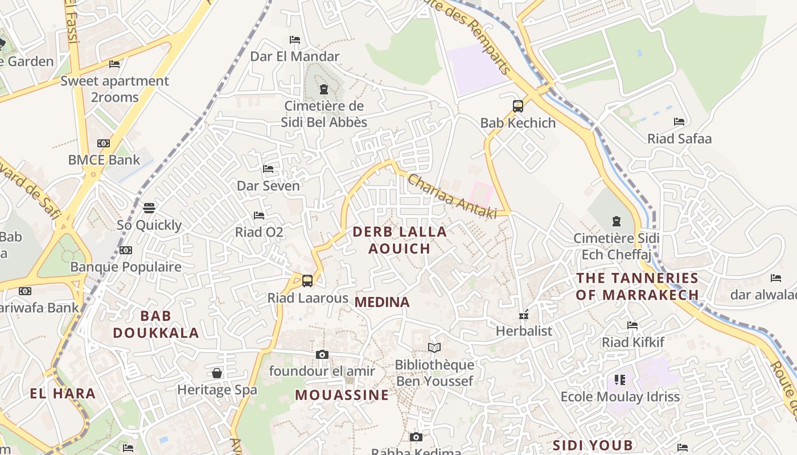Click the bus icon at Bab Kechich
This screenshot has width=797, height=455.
518,106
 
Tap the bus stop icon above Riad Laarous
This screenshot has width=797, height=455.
307,280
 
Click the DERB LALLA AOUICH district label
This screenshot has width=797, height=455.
400,240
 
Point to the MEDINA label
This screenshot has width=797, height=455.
382,303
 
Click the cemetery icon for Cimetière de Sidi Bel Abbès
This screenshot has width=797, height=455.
324,89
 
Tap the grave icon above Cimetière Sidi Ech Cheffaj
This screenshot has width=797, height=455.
615,221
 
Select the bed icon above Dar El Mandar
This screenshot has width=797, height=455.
295,40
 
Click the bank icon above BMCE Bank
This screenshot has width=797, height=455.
104,143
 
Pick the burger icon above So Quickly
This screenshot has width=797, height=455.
149,208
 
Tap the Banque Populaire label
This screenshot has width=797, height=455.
126,267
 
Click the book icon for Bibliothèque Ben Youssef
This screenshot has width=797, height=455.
434,348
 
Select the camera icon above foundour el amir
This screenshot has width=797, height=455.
322,354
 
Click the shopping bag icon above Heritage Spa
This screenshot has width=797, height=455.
217,373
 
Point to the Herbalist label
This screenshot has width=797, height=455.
524,331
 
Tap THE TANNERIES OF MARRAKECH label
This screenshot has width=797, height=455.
637,286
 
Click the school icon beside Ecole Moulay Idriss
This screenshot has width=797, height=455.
620,379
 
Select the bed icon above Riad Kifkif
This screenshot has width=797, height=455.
632,325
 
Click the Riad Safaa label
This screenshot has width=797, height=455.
679,139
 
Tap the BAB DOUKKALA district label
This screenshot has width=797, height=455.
156,324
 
